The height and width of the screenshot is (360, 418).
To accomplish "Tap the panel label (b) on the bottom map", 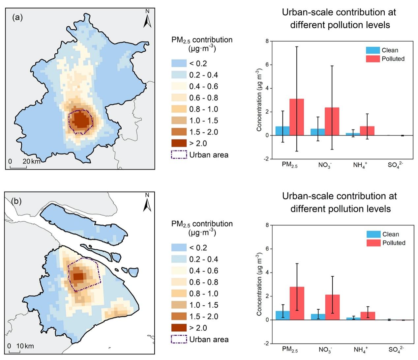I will tap(16, 201).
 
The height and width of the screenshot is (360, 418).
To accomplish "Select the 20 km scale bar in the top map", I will tap(18, 168).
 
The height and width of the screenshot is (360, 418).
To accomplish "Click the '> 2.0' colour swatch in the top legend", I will tap(179, 143).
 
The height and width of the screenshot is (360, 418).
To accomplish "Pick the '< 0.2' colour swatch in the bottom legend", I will tap(179, 248).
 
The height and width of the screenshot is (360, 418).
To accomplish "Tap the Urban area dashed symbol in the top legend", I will tap(179, 155).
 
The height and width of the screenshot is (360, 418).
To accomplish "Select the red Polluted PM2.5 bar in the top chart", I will tap(297, 117).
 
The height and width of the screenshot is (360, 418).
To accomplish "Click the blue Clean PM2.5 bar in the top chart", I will tap(283, 131).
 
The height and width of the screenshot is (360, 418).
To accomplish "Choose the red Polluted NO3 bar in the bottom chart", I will tap(332, 307).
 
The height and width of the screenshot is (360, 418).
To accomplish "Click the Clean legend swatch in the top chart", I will tap(373, 50).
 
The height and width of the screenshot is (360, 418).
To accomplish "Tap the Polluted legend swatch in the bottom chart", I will tap(373, 243).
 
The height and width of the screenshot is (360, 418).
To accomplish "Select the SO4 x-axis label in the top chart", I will tap(395, 165).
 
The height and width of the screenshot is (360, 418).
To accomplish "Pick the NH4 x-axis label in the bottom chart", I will tap(360, 349).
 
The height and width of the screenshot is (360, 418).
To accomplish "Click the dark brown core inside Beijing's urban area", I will tap(81, 121).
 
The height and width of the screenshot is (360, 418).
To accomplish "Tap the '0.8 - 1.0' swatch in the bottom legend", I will tap(179, 293).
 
